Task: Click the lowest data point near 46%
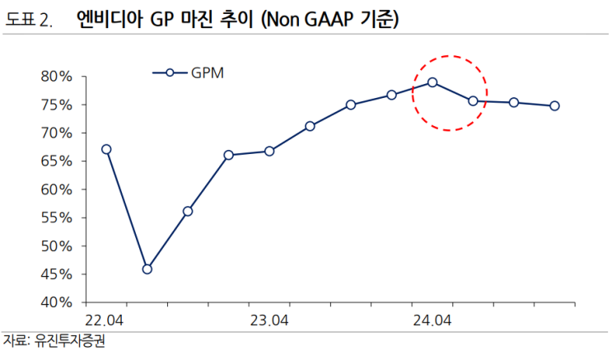[x=147, y=269]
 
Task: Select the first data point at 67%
[x=106, y=149]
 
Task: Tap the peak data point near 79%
[x=432, y=82]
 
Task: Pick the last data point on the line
[x=554, y=105]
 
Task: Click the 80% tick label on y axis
[x=56, y=77]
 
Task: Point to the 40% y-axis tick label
[x=56, y=302]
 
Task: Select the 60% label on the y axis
[x=56, y=189]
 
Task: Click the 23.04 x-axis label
[x=269, y=320]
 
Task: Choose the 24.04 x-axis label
[x=432, y=320]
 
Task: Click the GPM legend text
[x=208, y=72]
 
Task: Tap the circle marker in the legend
[x=169, y=72]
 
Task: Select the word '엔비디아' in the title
[x=106, y=19]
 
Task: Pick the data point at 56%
[x=188, y=211]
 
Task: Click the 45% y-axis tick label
[x=56, y=274]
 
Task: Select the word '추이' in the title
[x=239, y=19]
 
